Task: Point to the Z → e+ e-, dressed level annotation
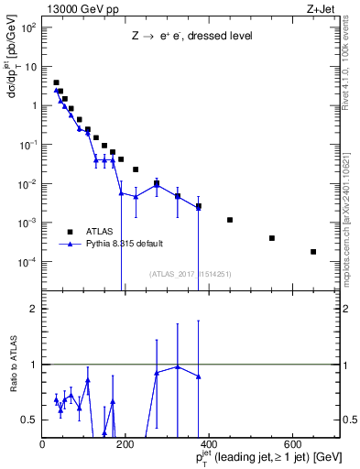192,36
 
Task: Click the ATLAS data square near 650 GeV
313,251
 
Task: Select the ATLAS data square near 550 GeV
272,238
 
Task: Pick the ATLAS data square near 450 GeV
230,220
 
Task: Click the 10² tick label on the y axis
28,27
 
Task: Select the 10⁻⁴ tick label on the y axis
27,263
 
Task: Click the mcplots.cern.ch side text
351,220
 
